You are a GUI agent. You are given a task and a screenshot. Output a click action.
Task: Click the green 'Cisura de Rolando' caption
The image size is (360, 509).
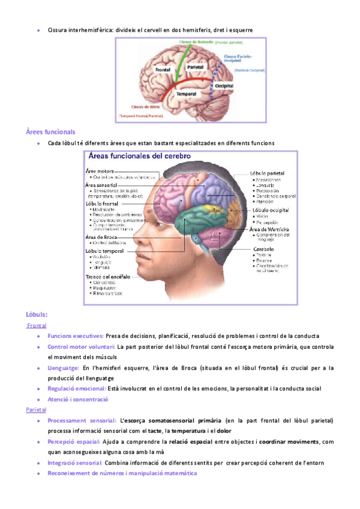point(196,42)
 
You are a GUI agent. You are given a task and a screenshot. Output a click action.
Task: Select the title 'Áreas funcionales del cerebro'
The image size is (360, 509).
point(139,155)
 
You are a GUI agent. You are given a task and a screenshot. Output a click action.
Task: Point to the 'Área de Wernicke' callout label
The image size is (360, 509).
point(270,229)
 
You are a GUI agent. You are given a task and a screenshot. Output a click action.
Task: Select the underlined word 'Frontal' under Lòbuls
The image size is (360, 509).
point(37,325)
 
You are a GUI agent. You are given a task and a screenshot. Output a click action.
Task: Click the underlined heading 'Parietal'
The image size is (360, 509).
point(36,409)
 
